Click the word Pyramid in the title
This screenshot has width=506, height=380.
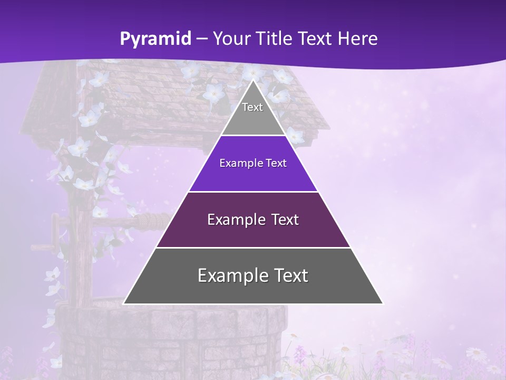pos(155,39)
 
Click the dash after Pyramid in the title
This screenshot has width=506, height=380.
pos(201,39)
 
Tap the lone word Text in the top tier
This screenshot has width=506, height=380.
pos(252,107)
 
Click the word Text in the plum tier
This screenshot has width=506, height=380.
pos(283,220)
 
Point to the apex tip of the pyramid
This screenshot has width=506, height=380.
pos(254,81)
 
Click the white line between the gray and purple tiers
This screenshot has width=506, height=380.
pos(253,136)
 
